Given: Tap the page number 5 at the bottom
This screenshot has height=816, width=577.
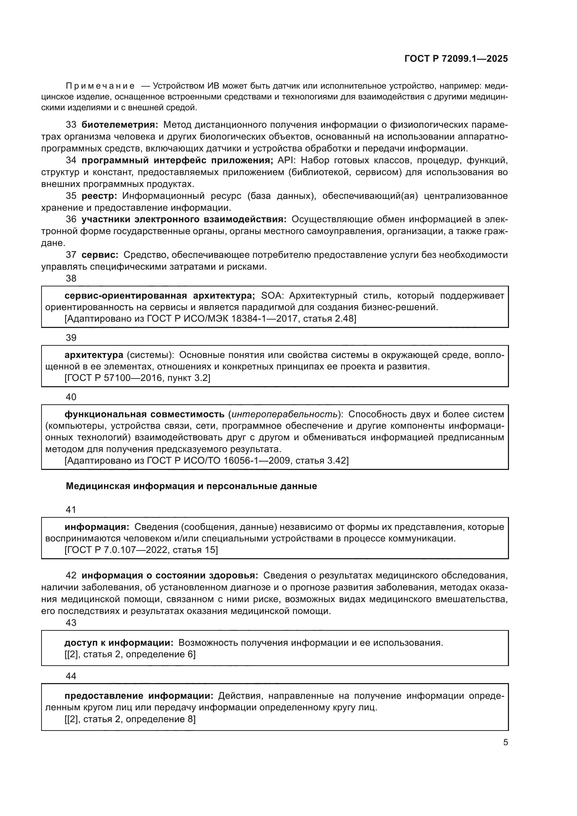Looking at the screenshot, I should point(505,742).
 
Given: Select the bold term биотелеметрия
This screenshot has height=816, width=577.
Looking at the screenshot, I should point(120,125).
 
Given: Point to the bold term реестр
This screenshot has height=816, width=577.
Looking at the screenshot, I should point(99,196).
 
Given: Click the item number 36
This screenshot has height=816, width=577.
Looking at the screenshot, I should point(71,219).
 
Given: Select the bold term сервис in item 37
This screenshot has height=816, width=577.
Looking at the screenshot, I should point(100,255).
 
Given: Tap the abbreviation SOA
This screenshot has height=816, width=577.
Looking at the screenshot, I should point(272,296).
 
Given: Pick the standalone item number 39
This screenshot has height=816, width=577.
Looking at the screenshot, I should point(71,338).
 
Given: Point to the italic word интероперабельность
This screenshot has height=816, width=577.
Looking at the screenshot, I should point(284,414).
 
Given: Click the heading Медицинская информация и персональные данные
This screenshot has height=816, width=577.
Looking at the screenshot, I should point(191,486).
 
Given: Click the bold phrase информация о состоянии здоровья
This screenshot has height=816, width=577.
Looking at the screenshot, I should point(170,575).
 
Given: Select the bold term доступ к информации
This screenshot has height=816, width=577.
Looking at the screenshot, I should point(119,643).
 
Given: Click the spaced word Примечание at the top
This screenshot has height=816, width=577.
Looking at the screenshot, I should point(100,86).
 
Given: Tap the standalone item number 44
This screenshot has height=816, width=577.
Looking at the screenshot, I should point(71,676).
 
